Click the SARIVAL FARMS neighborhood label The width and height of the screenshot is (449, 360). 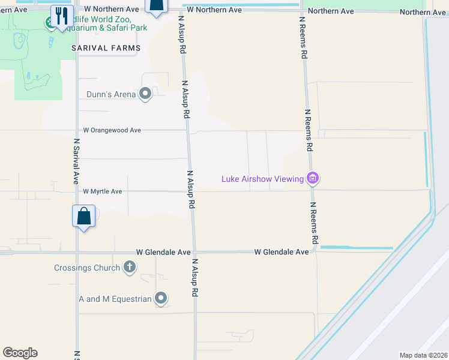coord(106,47)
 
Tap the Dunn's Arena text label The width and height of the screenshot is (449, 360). coord(111,94)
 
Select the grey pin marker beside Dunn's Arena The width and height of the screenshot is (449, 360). coord(145,94)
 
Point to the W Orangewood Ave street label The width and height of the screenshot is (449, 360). coord(112,130)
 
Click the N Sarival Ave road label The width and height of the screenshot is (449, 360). coord(76,161)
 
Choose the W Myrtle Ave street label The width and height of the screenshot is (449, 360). coord(103,191)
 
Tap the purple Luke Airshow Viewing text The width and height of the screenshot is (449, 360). coord(262,178)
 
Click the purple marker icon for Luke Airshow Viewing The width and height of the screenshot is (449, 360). coord(312,178)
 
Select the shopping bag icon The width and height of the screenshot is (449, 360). coord(84,216)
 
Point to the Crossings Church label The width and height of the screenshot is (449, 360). coord(87,268)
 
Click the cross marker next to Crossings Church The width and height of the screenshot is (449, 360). coord(129,267)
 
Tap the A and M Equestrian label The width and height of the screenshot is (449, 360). coord(115,298)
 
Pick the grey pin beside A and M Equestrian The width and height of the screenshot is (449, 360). coord(160,298)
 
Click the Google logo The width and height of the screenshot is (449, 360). coord(20,353)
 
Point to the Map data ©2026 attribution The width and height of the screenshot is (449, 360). coord(423,355)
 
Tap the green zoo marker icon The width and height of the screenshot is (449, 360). coord(49,22)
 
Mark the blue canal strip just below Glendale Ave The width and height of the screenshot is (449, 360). coord(357,247)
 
